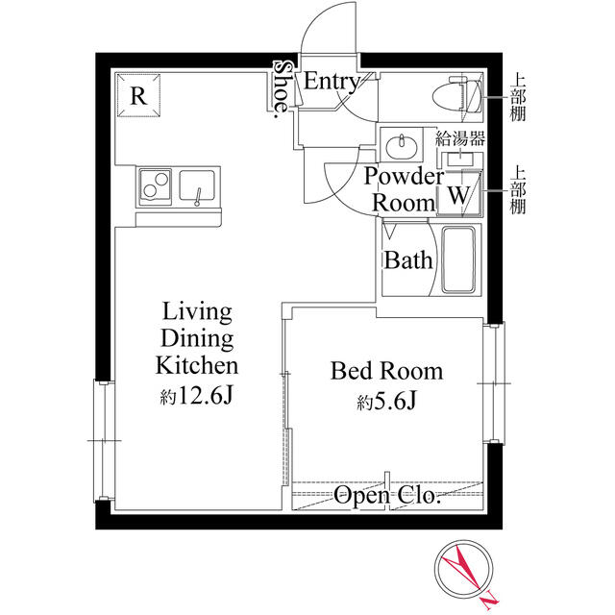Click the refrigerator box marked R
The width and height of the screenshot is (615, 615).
(138, 95)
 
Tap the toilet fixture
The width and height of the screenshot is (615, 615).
(457, 94)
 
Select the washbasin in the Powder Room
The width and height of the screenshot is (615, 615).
(402, 146)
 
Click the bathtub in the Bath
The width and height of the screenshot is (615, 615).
(458, 259)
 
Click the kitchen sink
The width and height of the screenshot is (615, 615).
(197, 186)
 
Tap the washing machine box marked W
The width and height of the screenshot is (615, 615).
(459, 193)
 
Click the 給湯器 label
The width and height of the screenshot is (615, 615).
(460, 138)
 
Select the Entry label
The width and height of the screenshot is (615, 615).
(332, 83)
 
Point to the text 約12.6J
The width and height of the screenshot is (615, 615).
(196, 396)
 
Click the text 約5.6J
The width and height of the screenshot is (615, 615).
(386, 401)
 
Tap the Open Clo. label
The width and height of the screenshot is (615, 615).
(386, 496)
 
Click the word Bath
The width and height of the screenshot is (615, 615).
(408, 260)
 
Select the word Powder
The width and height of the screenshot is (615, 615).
(404, 176)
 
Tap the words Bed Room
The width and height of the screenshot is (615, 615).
(386, 371)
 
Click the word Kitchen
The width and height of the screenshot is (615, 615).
(197, 365)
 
